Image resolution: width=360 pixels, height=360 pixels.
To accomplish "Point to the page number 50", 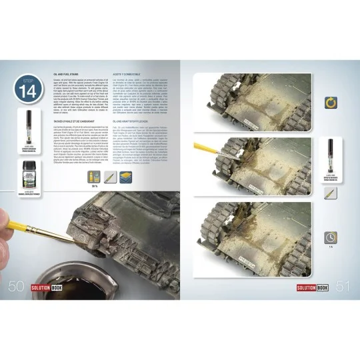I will pyautogui.click(x=16, y=287).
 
